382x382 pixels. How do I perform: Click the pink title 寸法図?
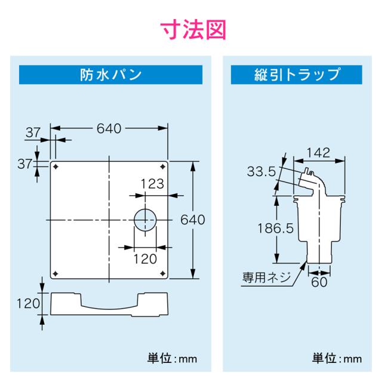pos(191,28)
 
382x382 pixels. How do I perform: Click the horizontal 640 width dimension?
pos(109,128)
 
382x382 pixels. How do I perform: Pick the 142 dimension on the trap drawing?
pos(314,153)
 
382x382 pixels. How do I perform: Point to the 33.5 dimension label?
pos(261,172)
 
